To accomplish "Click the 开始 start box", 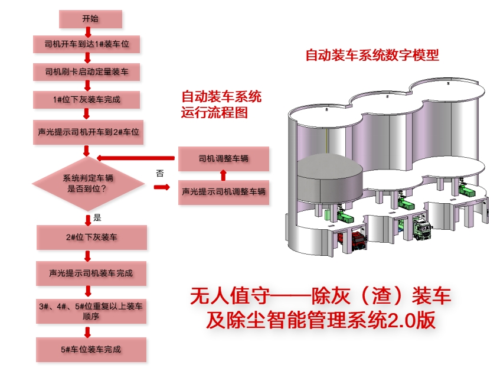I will tap(90, 19).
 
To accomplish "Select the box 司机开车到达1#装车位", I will tap(87, 44).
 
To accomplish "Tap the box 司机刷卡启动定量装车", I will tap(87, 72).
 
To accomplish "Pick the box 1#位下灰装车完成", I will tap(87, 100).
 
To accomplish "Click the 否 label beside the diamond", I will tap(159, 174).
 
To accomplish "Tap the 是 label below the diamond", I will tap(97, 218).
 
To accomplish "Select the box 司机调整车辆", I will tap(223, 158).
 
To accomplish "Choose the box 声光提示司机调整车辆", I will tap(223, 192).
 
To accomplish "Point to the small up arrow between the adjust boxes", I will tap(223, 175).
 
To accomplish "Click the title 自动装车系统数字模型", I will tap(372, 56).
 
